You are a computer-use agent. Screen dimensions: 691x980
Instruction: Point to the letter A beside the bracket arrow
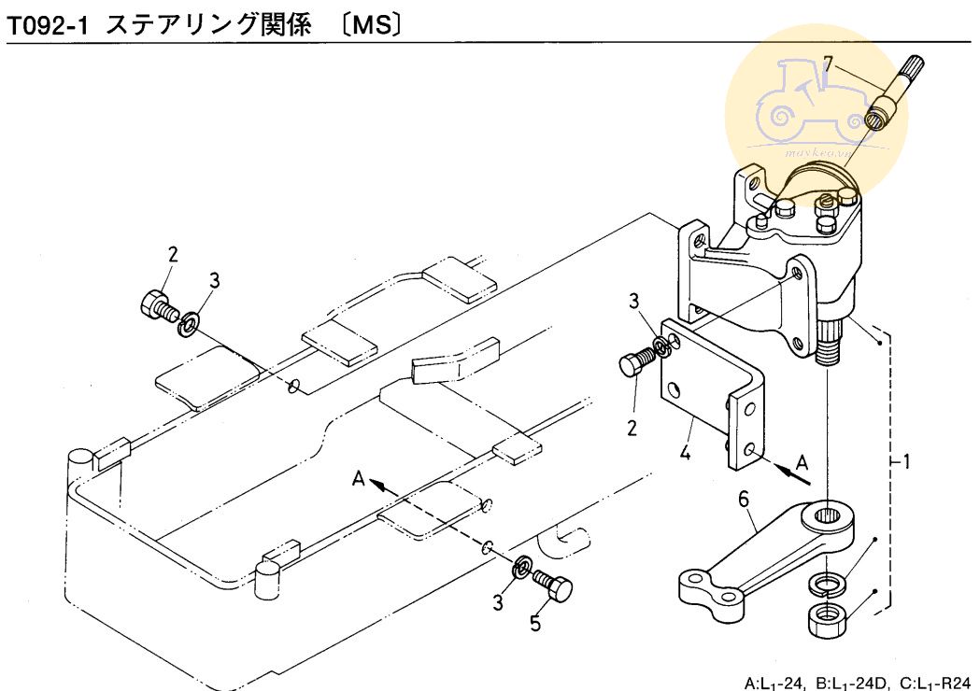(x=802, y=460)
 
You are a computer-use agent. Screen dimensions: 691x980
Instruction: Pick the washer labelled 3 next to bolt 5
(x=523, y=567)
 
